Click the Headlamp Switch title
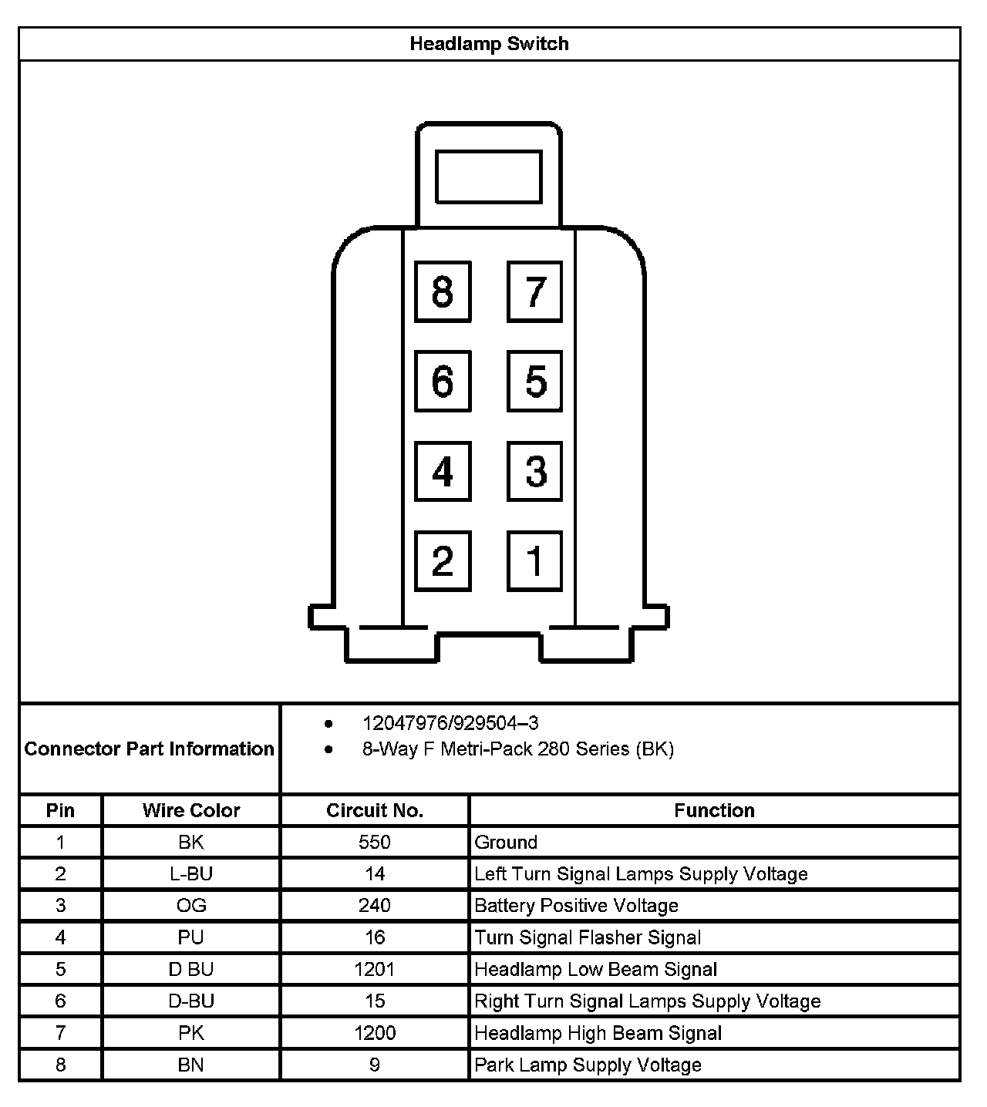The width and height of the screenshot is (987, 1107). click(489, 44)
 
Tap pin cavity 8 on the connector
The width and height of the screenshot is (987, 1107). click(443, 291)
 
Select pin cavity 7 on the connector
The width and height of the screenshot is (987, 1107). click(534, 291)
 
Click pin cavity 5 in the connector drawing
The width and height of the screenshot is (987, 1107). click(534, 381)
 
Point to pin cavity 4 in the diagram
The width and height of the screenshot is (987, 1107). click(443, 471)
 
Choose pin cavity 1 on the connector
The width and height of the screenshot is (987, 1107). click(534, 560)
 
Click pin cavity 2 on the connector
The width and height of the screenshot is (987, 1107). click(443, 560)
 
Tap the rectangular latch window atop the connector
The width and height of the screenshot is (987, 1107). click(489, 177)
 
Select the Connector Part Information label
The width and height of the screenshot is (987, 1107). click(150, 749)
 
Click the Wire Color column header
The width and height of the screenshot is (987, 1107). click(191, 810)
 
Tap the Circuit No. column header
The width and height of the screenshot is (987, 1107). click(375, 810)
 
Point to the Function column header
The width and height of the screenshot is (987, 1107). click(714, 810)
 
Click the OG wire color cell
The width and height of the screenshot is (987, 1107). click(191, 906)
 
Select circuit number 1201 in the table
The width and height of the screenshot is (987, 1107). click(375, 969)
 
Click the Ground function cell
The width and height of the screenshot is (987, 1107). click(506, 842)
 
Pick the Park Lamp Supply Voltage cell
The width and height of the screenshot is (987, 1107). click(588, 1065)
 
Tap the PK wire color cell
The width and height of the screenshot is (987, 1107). click(191, 1033)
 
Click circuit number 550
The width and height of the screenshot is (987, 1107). click(375, 842)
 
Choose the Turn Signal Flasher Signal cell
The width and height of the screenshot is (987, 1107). click(588, 937)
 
